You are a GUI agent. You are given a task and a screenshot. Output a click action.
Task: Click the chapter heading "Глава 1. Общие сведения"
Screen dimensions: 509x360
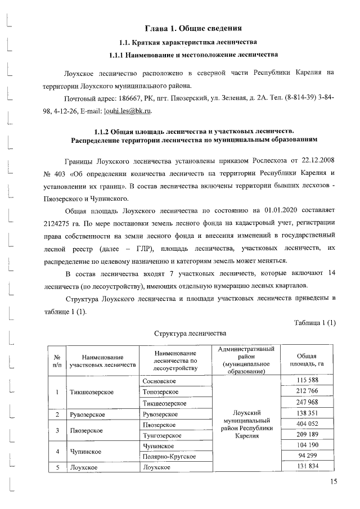[x=193, y=28]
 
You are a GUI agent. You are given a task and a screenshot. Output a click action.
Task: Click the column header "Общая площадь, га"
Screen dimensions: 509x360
[x=307, y=361]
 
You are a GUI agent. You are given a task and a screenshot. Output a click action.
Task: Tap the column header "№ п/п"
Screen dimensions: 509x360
[x=56, y=361]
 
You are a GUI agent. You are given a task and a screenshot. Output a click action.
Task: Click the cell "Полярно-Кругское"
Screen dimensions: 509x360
[x=169, y=456]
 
